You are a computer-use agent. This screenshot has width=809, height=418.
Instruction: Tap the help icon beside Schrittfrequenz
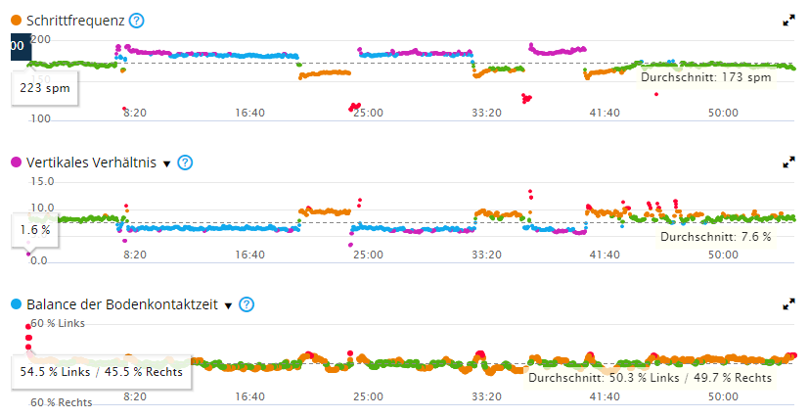click(137, 21)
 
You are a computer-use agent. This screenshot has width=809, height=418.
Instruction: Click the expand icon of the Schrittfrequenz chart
click(789, 21)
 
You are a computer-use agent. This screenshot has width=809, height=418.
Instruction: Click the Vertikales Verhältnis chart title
click(93, 163)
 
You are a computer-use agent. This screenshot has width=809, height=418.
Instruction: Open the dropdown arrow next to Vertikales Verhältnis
click(166, 163)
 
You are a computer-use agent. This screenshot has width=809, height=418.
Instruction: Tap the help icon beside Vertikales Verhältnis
click(185, 163)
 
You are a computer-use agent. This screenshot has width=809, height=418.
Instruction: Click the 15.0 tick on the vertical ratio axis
click(42, 181)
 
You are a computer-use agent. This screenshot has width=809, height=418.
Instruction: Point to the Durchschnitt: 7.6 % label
click(715, 237)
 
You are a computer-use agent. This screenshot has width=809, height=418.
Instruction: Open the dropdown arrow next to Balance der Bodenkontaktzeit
click(228, 305)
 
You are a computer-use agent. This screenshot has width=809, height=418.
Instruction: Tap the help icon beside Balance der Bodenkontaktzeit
click(247, 304)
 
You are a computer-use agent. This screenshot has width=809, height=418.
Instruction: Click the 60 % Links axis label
click(58, 323)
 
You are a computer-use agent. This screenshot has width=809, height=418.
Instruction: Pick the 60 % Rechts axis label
click(61, 402)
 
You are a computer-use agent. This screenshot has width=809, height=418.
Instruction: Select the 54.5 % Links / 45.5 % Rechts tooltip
click(101, 371)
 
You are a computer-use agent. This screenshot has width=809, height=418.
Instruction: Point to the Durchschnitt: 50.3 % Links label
click(596, 377)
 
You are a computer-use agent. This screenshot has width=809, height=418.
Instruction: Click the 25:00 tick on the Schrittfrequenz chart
click(368, 113)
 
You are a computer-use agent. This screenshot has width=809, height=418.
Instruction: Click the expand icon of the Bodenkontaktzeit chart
click(789, 304)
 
